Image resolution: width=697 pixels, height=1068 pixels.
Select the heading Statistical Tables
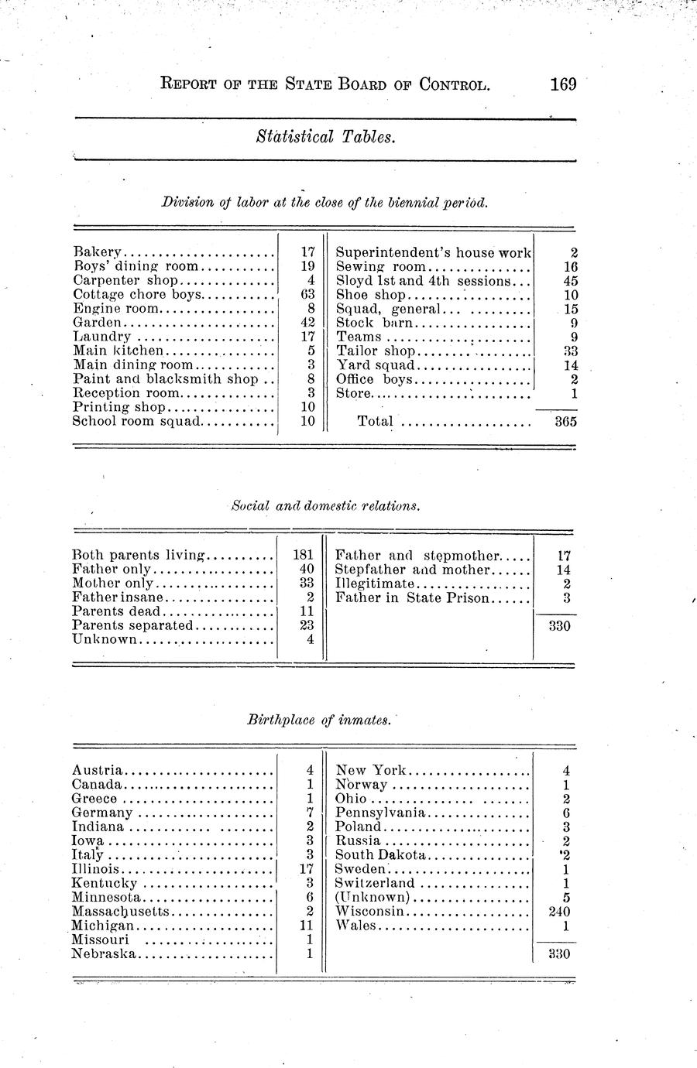(326, 138)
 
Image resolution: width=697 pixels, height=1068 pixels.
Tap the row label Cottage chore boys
(137, 294)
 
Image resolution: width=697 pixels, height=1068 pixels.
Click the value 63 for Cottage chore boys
(306, 294)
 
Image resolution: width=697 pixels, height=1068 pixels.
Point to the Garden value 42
(306, 323)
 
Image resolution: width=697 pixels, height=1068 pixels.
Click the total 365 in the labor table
(566, 422)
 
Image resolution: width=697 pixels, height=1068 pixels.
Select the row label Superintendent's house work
(433, 252)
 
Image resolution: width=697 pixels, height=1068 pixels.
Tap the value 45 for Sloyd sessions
(570, 281)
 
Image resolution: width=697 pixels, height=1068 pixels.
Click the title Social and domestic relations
(326, 506)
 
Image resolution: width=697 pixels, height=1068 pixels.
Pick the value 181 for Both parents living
(303, 555)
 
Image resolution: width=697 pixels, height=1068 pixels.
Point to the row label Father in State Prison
(412, 597)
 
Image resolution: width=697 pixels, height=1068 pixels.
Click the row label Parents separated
(132, 625)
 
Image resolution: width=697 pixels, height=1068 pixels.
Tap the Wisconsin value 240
(558, 912)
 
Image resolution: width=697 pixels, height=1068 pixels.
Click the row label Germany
(102, 813)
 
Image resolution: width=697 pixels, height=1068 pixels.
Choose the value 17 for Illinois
(305, 869)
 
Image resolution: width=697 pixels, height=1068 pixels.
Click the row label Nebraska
(104, 953)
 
